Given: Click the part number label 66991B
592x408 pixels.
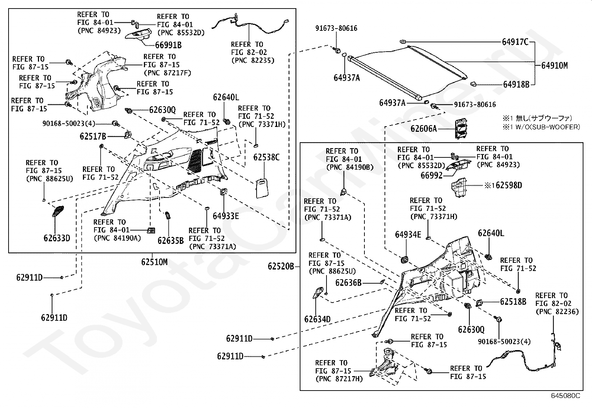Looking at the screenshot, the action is (168, 45).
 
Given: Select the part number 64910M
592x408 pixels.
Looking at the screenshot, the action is (554, 65).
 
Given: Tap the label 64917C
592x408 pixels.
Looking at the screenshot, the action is (515, 42).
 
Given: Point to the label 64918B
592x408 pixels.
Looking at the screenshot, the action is (516, 84).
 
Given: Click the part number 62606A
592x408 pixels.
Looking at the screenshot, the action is (424, 129).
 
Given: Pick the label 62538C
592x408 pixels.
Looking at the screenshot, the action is (266, 157).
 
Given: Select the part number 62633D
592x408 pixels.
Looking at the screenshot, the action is (57, 238).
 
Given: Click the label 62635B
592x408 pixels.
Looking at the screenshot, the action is (170, 241).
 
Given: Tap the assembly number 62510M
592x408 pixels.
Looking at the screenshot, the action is (154, 262).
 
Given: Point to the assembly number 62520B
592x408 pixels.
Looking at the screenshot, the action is (281, 266).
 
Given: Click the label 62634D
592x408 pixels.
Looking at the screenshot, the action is (318, 319).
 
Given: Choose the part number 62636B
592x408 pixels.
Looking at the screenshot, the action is (348, 283).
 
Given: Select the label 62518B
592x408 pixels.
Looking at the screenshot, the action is (513, 302).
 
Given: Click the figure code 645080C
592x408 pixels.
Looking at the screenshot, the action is (565, 396).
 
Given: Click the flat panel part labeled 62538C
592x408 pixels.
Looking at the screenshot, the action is (262, 189).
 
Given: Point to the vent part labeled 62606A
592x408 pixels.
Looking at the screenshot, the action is (461, 128).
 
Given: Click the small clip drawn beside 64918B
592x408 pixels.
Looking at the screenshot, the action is (473, 84).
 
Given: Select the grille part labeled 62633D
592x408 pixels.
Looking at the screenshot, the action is (58, 211).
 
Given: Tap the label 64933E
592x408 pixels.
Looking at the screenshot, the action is (226, 216).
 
